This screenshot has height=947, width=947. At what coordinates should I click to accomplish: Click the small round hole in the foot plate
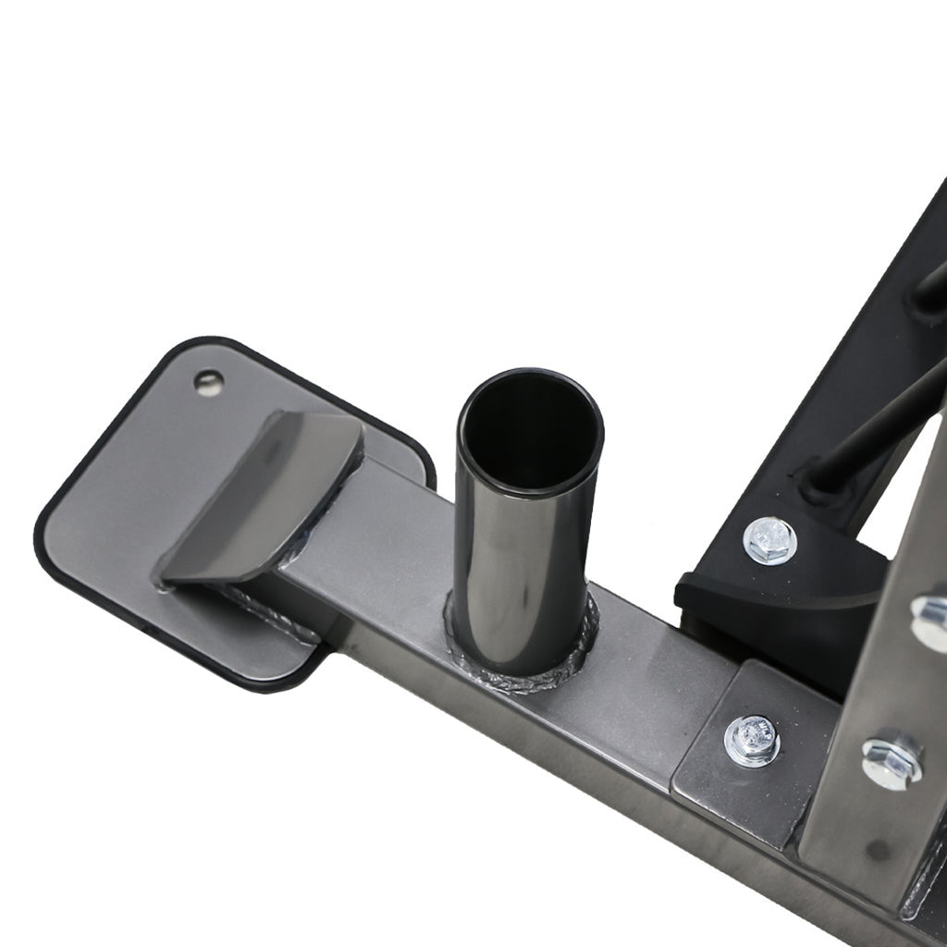[209, 382]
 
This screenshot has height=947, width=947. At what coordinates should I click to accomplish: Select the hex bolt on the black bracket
[770, 541]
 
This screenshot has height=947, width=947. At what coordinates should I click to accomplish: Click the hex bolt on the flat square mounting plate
[753, 740]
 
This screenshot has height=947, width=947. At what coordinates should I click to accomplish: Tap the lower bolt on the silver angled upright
[892, 759]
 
